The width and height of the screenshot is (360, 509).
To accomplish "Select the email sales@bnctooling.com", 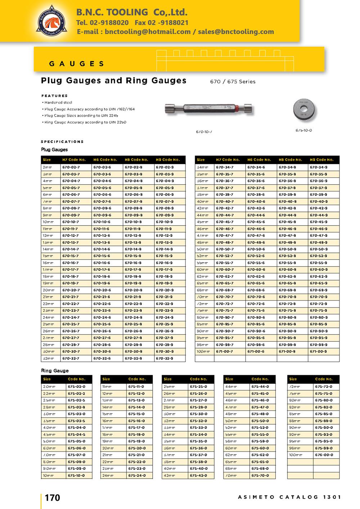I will tap(236, 32).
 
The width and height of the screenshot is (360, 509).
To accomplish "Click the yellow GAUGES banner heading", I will tap(77, 64).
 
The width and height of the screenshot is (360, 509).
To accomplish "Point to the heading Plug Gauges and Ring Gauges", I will tap(114, 81).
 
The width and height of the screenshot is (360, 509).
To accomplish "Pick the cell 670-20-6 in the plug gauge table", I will tap(102, 290).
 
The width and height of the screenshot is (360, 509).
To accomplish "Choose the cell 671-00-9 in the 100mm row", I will tap(319, 351).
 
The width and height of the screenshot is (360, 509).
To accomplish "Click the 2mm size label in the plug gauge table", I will tap(47, 167).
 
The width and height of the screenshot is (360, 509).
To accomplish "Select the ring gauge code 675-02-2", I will tap(76, 394).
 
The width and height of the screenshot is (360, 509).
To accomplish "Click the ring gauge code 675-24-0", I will tap(136, 476).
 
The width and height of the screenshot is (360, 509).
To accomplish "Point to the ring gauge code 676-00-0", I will tap(324, 455).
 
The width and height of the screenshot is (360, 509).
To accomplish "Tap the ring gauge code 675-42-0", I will tap(198, 476).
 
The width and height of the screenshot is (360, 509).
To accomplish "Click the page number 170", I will tap(53, 497).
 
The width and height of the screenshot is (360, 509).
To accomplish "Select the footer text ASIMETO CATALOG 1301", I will tap(289, 497).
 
